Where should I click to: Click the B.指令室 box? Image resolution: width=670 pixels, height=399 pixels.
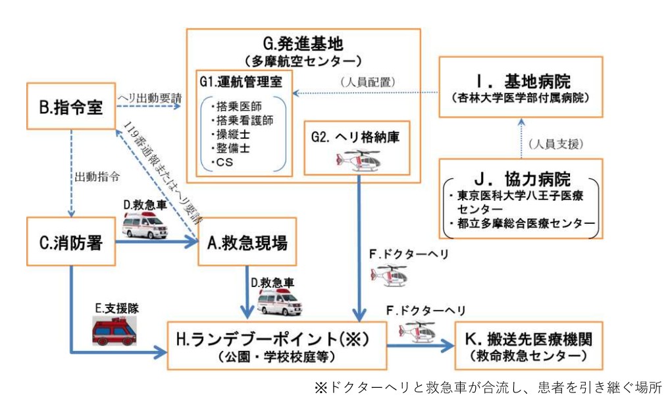coord(71,106)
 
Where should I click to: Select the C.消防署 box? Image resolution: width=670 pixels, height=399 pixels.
coord(71,242)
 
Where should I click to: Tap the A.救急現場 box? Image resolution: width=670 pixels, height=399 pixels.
coord(247,242)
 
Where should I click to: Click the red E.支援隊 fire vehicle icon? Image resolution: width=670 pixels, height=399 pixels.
coord(115,331)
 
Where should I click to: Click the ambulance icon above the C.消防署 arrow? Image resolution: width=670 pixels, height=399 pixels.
coord(145,225)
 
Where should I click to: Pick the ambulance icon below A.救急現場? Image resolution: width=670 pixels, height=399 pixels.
coord(280,302)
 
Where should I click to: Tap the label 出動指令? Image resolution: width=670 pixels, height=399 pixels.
coord(97,176)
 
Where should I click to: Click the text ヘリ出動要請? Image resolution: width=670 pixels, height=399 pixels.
coord(149,97)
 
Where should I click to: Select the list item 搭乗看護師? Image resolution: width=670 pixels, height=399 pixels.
coord(242,120)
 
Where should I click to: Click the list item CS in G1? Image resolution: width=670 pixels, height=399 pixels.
coord(222,163)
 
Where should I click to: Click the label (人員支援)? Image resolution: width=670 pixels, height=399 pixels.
coord(555,144)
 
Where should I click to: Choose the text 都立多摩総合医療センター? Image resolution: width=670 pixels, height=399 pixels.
coord(522,223)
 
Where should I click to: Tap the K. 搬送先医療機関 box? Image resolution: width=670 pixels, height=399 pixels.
coord(529,346)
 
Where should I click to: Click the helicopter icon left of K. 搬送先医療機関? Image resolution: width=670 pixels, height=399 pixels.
coord(417,331)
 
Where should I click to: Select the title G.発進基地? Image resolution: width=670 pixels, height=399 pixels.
coord(303,43)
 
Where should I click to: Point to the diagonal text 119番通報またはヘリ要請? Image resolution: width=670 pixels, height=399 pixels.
coord(163,171)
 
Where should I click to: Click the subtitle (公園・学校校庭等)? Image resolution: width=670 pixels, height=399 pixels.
coord(276,357)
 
